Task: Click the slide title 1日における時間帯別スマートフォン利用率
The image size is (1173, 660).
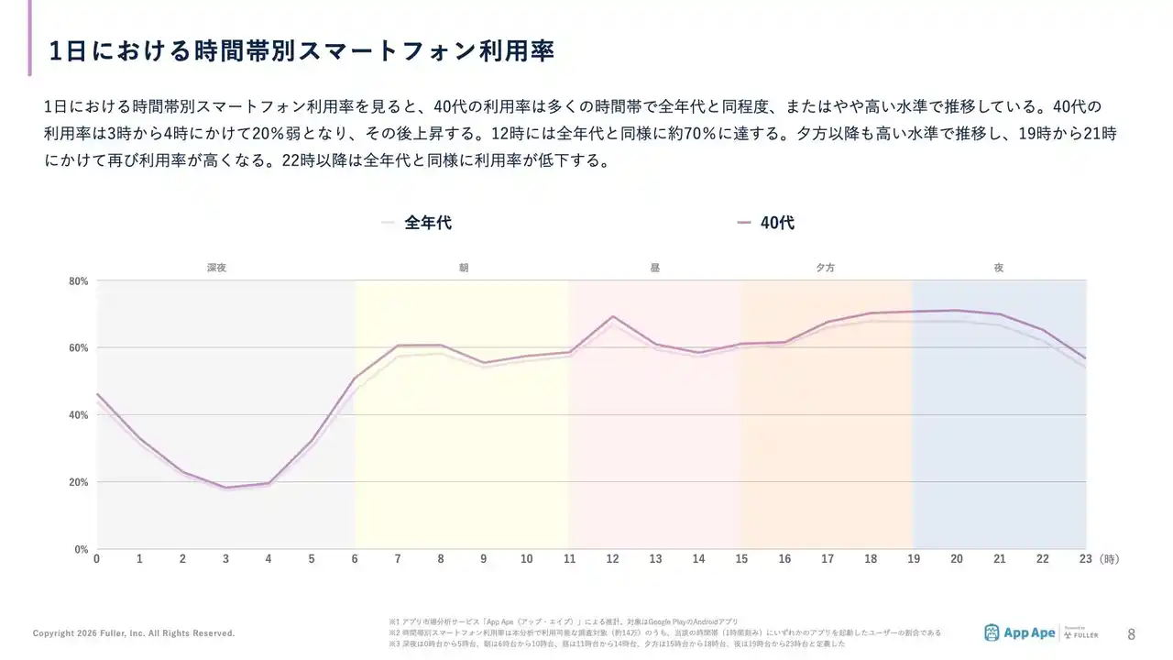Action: [x=301, y=50]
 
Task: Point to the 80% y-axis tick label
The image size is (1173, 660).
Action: [x=78, y=281]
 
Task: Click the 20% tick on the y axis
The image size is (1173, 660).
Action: [x=78, y=482]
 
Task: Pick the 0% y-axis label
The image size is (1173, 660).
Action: [x=81, y=549]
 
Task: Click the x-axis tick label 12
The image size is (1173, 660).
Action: [x=612, y=559]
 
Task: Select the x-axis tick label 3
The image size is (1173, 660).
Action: [x=225, y=559]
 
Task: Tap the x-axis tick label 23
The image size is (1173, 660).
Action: [x=1086, y=559]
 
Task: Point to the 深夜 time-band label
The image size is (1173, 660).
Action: [x=216, y=268]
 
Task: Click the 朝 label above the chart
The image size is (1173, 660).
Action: [x=464, y=268]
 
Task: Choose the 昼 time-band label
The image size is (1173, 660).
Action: [x=654, y=268]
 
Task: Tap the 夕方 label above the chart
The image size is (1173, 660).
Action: [x=825, y=268]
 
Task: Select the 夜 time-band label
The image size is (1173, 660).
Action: [x=998, y=268]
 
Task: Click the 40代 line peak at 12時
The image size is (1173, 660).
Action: [x=612, y=316]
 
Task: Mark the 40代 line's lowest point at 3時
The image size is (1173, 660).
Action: [x=225, y=488]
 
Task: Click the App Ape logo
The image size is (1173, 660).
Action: [x=1019, y=632]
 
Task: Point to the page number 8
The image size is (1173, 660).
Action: [x=1131, y=633]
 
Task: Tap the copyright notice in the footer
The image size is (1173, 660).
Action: [x=134, y=633]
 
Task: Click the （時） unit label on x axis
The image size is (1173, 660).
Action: [x=1108, y=559]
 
